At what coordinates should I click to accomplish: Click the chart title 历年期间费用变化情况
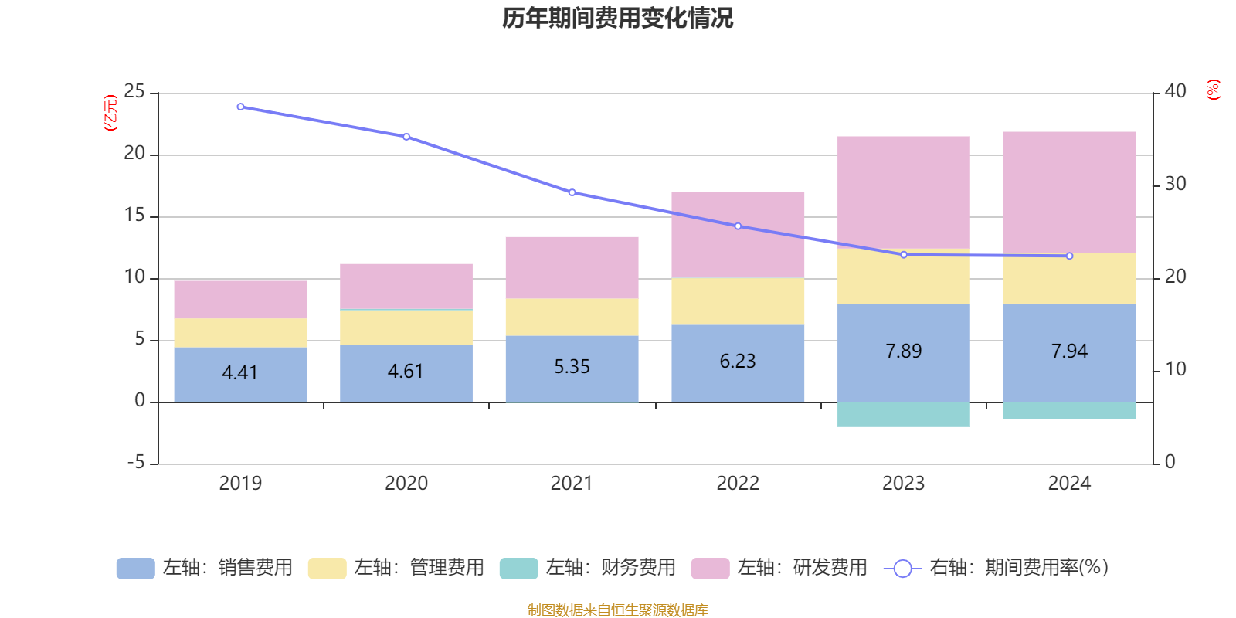tap(617, 18)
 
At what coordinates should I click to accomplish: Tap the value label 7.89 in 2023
tap(903, 351)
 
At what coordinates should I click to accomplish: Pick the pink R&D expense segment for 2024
tap(1069, 192)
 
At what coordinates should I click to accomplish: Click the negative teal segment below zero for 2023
tap(903, 414)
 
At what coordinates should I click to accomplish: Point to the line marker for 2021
tap(572, 192)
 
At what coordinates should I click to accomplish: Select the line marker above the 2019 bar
tap(240, 107)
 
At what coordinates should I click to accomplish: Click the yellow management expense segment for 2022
tap(738, 301)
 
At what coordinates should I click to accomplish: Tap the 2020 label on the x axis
tap(406, 484)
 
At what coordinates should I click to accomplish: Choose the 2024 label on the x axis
tap(1069, 484)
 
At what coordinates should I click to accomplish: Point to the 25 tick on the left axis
tap(134, 92)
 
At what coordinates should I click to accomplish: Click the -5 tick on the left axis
tap(134, 463)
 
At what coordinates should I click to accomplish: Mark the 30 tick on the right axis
tap(1175, 184)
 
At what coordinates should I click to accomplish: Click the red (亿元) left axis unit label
tap(110, 113)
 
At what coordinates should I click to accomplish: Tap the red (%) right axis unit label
tap(1213, 90)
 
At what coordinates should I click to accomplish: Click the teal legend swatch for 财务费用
tap(518, 569)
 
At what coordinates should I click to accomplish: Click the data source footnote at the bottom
tap(617, 610)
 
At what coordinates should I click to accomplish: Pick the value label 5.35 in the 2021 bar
tap(572, 367)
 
